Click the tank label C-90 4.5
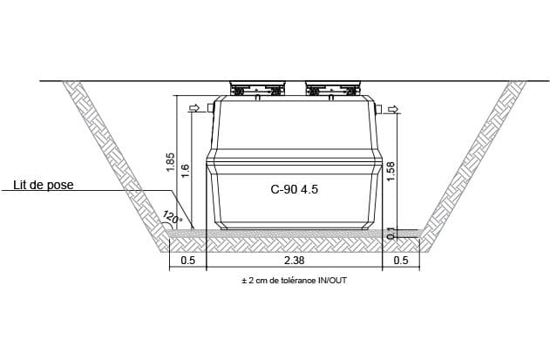(x=295, y=189)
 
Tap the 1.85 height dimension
(x=171, y=162)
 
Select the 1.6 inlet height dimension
(x=185, y=171)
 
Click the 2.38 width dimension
(x=294, y=261)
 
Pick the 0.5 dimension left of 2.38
(x=187, y=261)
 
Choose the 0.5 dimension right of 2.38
(x=401, y=261)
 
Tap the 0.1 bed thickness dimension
(x=390, y=234)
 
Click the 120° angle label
(x=173, y=217)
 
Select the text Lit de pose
(x=44, y=185)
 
